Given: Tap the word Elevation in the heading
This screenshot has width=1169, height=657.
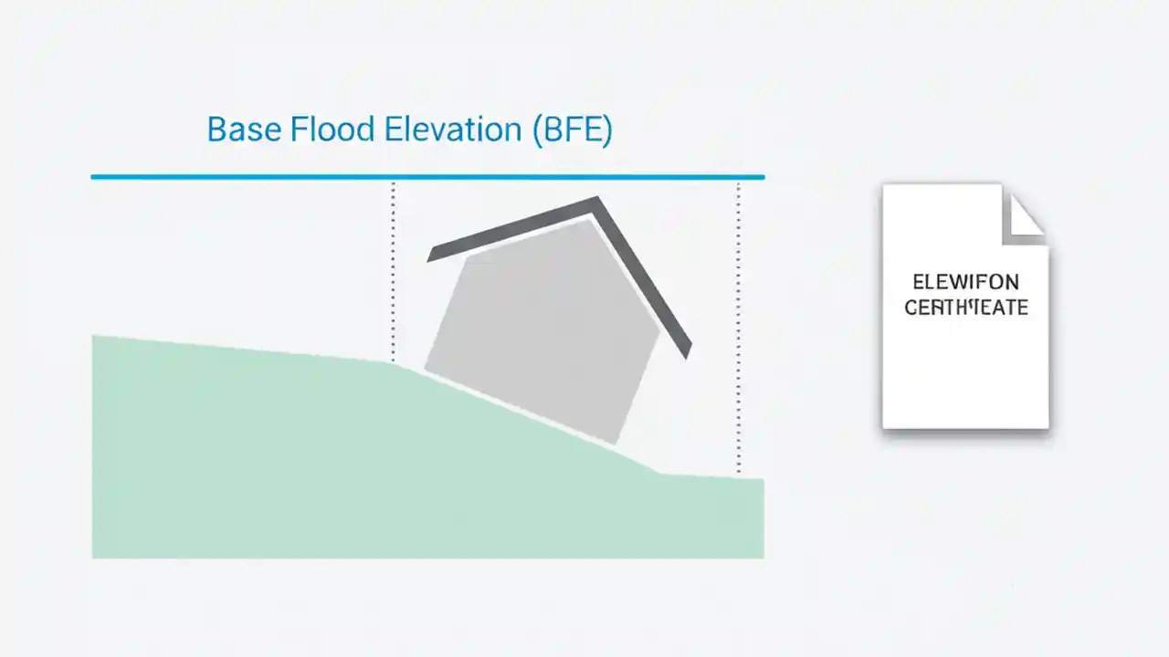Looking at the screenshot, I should (x=452, y=130).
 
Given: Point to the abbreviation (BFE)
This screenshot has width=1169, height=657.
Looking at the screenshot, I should (x=571, y=130).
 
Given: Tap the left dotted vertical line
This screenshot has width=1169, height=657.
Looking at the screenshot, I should (x=394, y=274).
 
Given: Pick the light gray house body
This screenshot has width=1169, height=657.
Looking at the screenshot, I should (x=543, y=328).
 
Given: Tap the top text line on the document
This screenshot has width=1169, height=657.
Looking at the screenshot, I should (x=965, y=282).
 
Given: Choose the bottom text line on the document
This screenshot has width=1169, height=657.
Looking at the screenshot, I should (x=965, y=308).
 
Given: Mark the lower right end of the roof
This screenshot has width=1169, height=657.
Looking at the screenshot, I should (x=687, y=352).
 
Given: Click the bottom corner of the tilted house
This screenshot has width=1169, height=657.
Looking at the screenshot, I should (x=618, y=443).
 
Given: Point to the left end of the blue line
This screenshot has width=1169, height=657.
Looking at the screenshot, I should (x=93, y=176).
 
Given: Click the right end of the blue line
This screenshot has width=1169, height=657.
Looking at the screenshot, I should (x=762, y=176).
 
